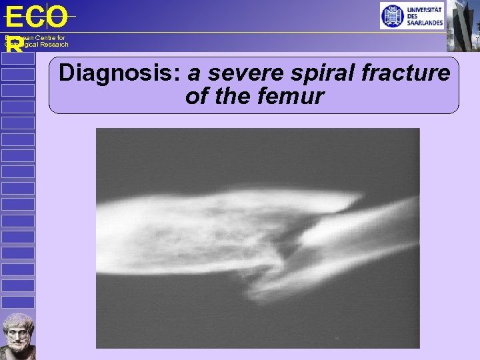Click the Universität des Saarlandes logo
(411, 15)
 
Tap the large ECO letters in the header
(36, 17)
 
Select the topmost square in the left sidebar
(18, 59)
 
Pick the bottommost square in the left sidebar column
(18, 302)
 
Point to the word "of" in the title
(197, 96)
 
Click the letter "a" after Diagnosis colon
(195, 73)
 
